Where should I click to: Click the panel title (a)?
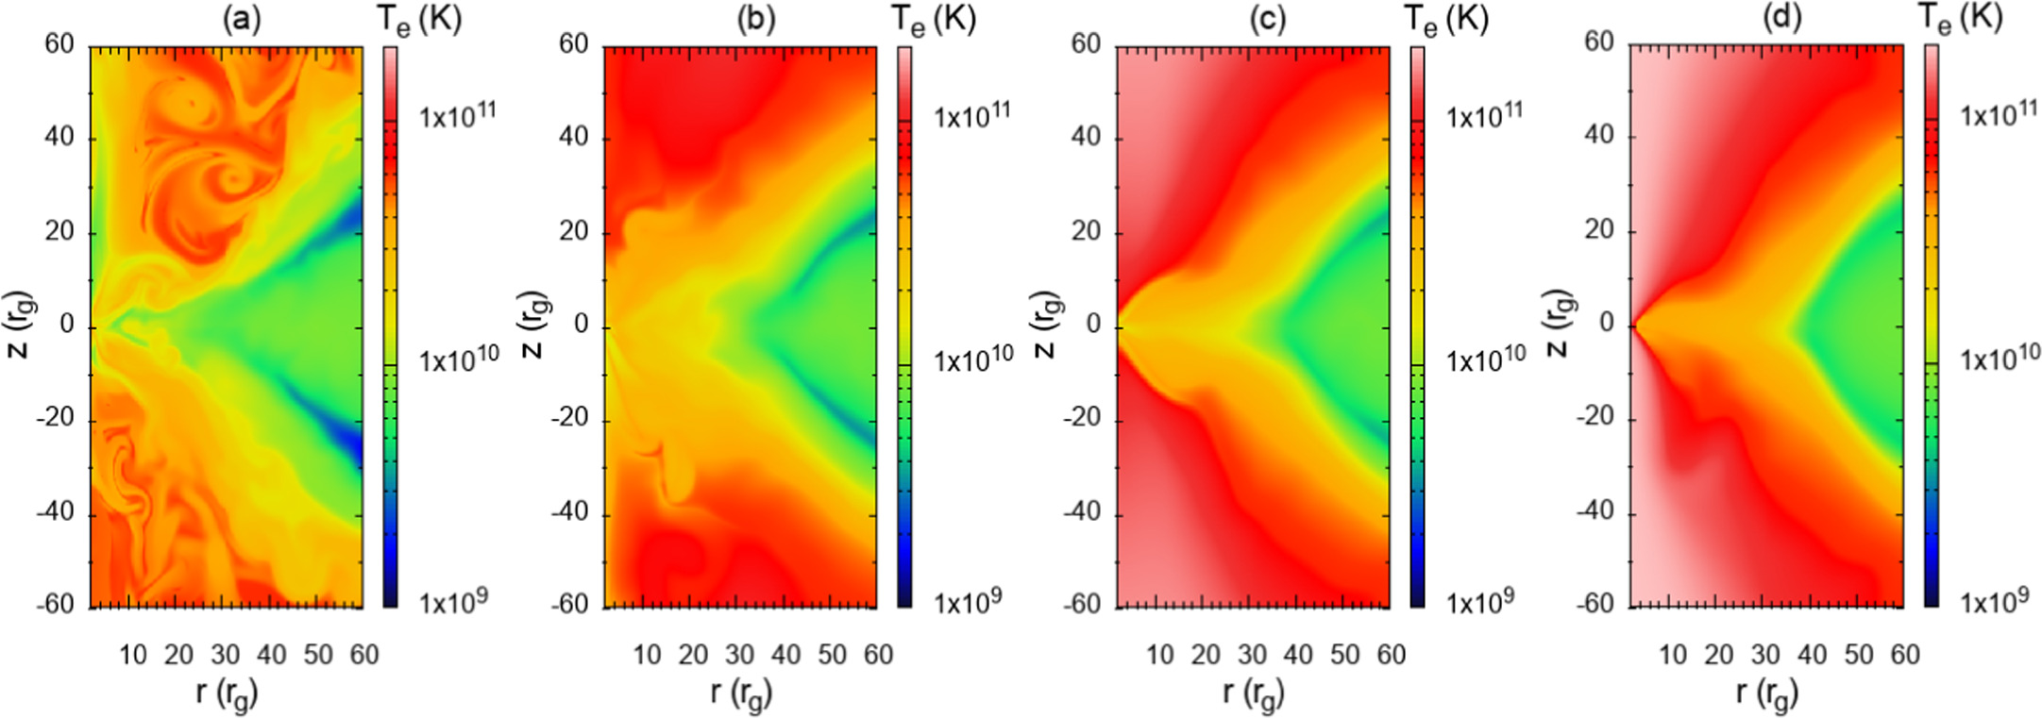click(x=242, y=18)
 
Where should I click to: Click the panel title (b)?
click(x=756, y=18)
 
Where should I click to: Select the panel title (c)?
click(x=1269, y=18)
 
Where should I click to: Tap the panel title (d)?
click(x=1782, y=16)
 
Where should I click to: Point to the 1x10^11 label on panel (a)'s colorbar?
click(x=458, y=116)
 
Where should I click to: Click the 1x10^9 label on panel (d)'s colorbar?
click(x=1994, y=600)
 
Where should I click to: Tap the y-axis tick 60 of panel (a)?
click(x=59, y=44)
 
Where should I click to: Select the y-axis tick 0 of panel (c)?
click(x=1092, y=325)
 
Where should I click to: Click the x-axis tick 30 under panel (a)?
click(x=225, y=654)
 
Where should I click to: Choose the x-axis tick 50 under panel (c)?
click(x=1344, y=654)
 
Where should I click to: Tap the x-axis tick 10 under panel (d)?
click(x=1673, y=654)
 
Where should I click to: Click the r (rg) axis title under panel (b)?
click(x=741, y=693)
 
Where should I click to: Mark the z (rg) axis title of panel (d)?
click(x=1558, y=323)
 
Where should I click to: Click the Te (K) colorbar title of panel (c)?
click(x=1445, y=20)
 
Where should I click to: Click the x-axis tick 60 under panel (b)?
click(x=878, y=654)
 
